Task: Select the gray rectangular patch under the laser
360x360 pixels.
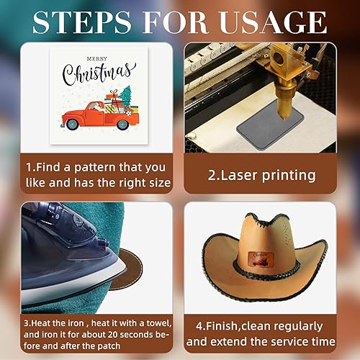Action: (x=268, y=127)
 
